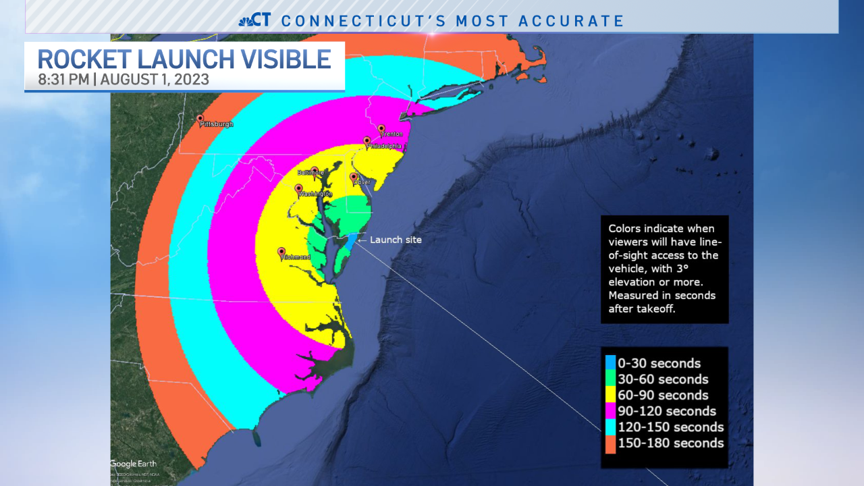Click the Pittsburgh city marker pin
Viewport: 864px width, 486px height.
click(x=200, y=119)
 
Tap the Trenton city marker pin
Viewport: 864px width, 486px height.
click(x=381, y=128)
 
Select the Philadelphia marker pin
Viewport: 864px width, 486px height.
click(x=367, y=141)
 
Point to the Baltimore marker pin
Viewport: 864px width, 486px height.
click(x=315, y=171)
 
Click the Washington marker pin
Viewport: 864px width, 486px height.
click(x=298, y=188)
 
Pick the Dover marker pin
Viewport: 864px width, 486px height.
click(x=353, y=177)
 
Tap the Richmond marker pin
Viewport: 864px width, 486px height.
click(x=281, y=251)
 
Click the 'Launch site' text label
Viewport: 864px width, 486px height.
click(x=396, y=240)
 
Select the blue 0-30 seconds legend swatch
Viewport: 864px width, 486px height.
click(x=610, y=363)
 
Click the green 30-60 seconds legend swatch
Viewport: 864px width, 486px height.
click(x=610, y=379)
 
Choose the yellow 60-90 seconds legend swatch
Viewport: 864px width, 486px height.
click(x=610, y=396)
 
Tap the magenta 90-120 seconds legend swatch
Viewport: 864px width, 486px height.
click(x=610, y=411)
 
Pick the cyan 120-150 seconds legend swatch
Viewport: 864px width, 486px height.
click(x=610, y=427)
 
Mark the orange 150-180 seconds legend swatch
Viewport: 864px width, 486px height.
click(x=610, y=443)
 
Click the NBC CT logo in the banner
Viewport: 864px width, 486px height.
click(x=255, y=20)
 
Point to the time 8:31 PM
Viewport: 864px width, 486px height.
click(x=63, y=80)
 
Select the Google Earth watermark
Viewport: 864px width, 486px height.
click(x=134, y=464)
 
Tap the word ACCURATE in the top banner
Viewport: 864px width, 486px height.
click(x=571, y=21)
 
